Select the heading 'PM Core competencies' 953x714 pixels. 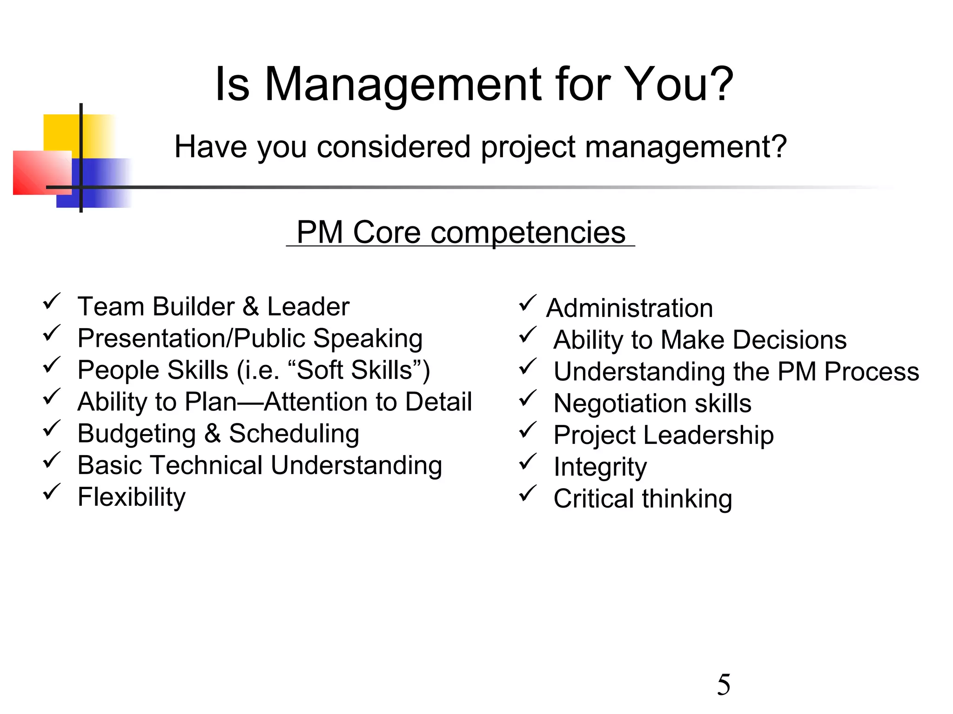(461, 232)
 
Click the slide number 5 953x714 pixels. (724, 685)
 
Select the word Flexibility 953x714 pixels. (132, 497)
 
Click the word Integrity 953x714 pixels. (600, 467)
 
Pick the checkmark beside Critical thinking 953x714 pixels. (527, 493)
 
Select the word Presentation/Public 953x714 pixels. (191, 338)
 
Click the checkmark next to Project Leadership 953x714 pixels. (527, 430)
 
